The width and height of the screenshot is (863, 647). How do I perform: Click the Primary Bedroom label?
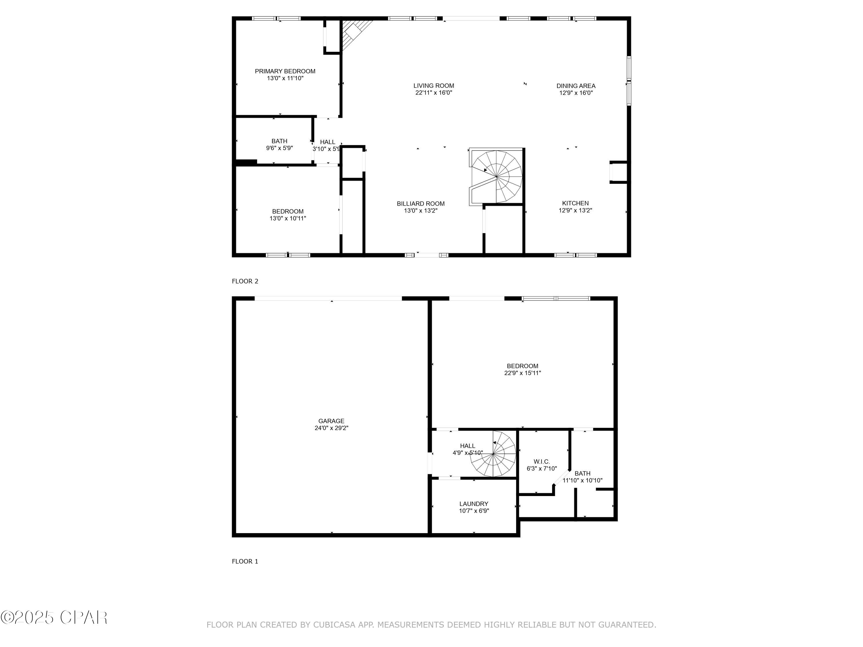(285, 71)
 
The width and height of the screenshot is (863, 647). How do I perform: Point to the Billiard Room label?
(421, 204)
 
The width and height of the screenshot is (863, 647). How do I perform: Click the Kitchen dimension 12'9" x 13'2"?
(575, 210)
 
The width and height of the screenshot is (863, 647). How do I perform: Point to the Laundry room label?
(473, 504)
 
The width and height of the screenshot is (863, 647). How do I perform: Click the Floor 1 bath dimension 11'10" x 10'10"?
(582, 481)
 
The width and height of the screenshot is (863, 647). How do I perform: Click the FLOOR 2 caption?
(245, 281)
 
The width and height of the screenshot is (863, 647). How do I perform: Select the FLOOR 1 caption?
(245, 561)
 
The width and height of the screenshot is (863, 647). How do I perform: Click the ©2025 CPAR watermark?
(54, 617)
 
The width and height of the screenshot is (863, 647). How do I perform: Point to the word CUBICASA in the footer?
(334, 625)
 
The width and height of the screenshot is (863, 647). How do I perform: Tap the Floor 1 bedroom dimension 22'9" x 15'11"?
(522, 373)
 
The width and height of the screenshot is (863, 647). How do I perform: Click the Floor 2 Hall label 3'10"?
(327, 146)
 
